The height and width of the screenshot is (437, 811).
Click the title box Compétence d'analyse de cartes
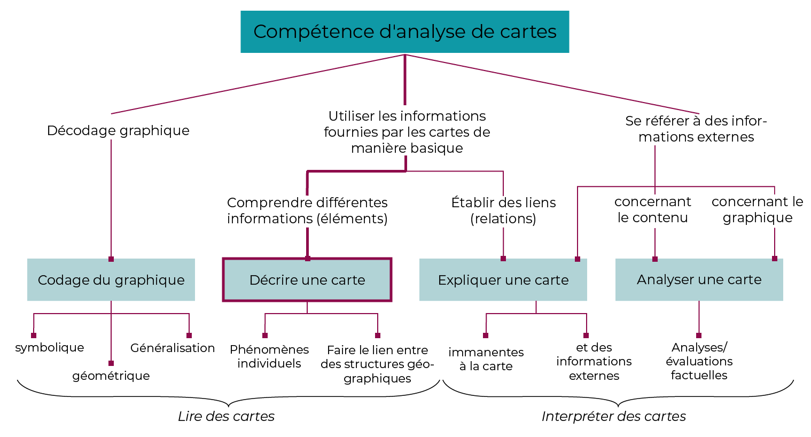[x=404, y=32]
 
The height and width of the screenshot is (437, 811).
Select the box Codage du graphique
[x=111, y=280]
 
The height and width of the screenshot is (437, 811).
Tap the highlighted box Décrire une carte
[x=307, y=280]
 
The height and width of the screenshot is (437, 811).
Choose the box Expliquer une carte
[x=503, y=280]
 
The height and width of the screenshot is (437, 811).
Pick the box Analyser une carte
[x=699, y=279]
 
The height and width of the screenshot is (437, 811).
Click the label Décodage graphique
[x=118, y=130]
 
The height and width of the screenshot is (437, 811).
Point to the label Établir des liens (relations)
[x=503, y=210]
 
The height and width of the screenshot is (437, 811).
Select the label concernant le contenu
[x=652, y=209]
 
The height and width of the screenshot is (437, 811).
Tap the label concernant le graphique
[x=757, y=209]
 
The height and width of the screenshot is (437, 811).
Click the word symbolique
[x=50, y=348]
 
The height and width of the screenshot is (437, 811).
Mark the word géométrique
[x=111, y=376]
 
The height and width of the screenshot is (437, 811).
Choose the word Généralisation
[x=173, y=348]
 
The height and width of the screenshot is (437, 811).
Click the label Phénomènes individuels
[x=269, y=356]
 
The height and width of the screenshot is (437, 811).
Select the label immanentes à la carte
[x=486, y=359]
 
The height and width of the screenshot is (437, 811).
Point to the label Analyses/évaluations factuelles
[x=699, y=361]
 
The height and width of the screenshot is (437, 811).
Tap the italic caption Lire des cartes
[x=226, y=416]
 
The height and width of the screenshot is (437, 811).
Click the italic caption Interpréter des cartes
[x=613, y=416]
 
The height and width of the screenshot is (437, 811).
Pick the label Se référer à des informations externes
[x=696, y=129]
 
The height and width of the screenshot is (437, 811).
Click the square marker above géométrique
[x=111, y=363]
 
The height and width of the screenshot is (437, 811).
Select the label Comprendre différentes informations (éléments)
[x=307, y=210]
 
